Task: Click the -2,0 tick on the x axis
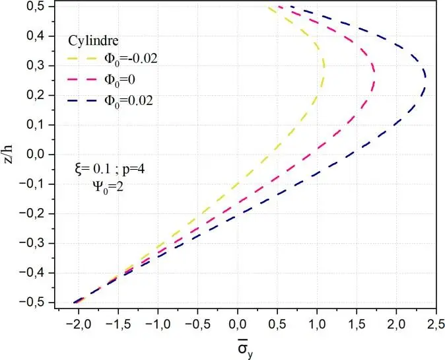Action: click(x=78, y=325)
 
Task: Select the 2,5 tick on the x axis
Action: click(x=436, y=325)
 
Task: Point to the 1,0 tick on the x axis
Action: click(x=317, y=325)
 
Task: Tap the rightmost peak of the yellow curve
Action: click(x=324, y=66)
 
